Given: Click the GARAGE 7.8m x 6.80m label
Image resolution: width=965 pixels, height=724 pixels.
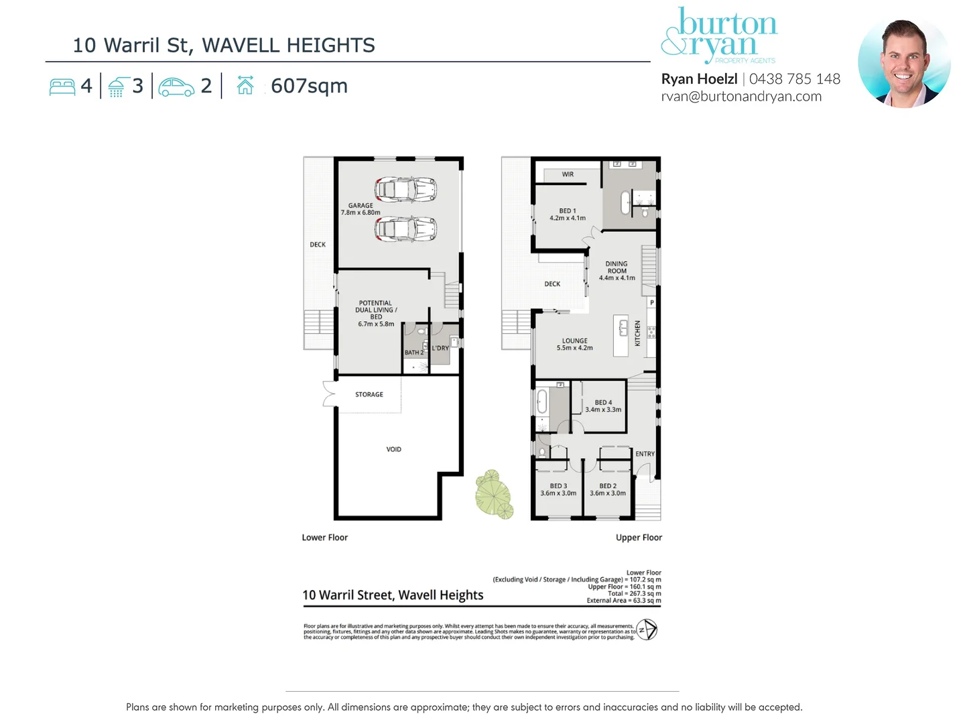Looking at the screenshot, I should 361,209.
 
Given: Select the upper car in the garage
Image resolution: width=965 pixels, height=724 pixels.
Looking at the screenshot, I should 405,190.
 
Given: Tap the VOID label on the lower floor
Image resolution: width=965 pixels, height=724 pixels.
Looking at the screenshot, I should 393,449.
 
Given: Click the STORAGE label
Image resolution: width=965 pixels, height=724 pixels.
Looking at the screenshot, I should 369,394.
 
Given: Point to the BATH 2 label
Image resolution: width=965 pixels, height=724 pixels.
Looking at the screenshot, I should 413,352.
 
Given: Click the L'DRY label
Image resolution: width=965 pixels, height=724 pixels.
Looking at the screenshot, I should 440,348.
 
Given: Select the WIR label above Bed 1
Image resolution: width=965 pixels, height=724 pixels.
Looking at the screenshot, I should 568,174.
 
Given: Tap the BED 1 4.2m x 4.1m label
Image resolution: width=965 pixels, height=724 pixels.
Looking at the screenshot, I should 567,215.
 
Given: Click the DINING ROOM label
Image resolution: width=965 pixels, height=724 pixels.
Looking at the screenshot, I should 617,271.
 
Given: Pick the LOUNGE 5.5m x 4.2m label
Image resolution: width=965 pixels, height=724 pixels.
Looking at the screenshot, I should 574,344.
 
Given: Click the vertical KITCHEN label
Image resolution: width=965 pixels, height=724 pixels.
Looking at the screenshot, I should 637,333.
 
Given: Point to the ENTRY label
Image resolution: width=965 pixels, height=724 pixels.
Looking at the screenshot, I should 645,454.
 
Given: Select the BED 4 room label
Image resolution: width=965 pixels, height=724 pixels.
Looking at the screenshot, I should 603,406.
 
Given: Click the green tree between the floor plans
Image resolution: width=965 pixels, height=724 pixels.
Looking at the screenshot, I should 494,494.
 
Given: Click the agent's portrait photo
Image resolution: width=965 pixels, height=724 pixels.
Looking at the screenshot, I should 904,63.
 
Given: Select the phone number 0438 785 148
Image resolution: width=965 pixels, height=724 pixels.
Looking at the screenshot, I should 795,79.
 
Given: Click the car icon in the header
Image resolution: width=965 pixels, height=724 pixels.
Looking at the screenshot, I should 176,86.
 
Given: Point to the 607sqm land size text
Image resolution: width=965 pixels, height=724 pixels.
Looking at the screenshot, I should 309,86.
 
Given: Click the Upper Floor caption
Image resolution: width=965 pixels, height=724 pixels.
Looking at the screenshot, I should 639,538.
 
